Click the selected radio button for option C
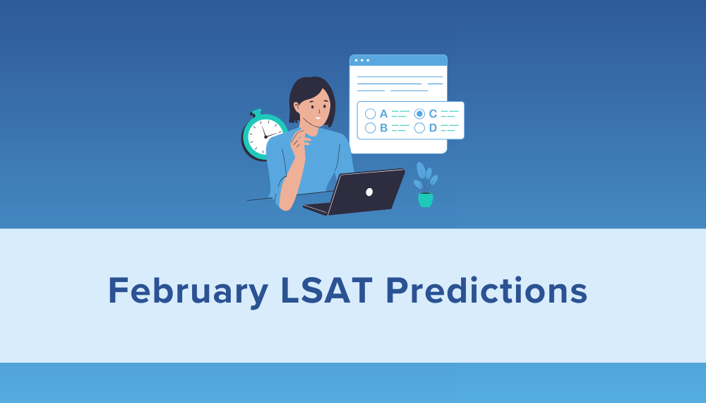point(419,113)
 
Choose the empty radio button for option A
point(370,113)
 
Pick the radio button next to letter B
point(370,128)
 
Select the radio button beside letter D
point(419,128)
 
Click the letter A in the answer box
point(383,113)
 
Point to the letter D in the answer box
point(433,128)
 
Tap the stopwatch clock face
point(265,135)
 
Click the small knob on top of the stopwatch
point(256,112)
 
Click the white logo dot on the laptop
point(369,192)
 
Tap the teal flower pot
point(425,199)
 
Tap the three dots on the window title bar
point(361,60)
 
